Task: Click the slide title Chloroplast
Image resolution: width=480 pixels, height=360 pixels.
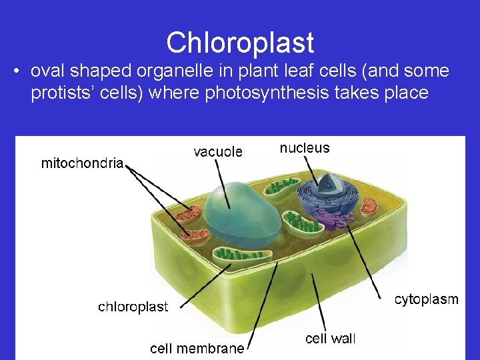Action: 240,43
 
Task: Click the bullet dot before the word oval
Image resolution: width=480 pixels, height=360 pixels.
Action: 15,71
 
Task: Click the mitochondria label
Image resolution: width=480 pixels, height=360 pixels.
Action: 82,163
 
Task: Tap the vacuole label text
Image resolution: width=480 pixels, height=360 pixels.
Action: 218,152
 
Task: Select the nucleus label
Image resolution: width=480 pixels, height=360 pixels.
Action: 305,148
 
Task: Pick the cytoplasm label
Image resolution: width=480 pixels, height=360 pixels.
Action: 427,299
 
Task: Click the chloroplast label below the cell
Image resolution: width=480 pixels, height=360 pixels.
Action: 133,307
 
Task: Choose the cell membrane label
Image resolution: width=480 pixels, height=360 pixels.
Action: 197,347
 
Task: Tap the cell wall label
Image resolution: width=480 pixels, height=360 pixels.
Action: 331,339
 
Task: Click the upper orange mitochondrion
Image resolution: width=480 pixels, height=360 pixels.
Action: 187,214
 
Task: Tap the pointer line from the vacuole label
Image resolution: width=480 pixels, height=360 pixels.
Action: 223,180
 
